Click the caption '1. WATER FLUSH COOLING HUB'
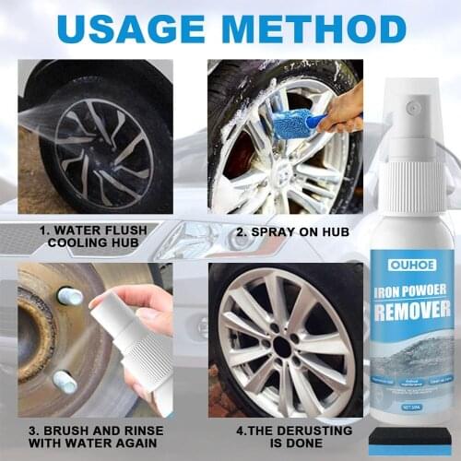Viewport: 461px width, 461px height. tap(90, 238)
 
